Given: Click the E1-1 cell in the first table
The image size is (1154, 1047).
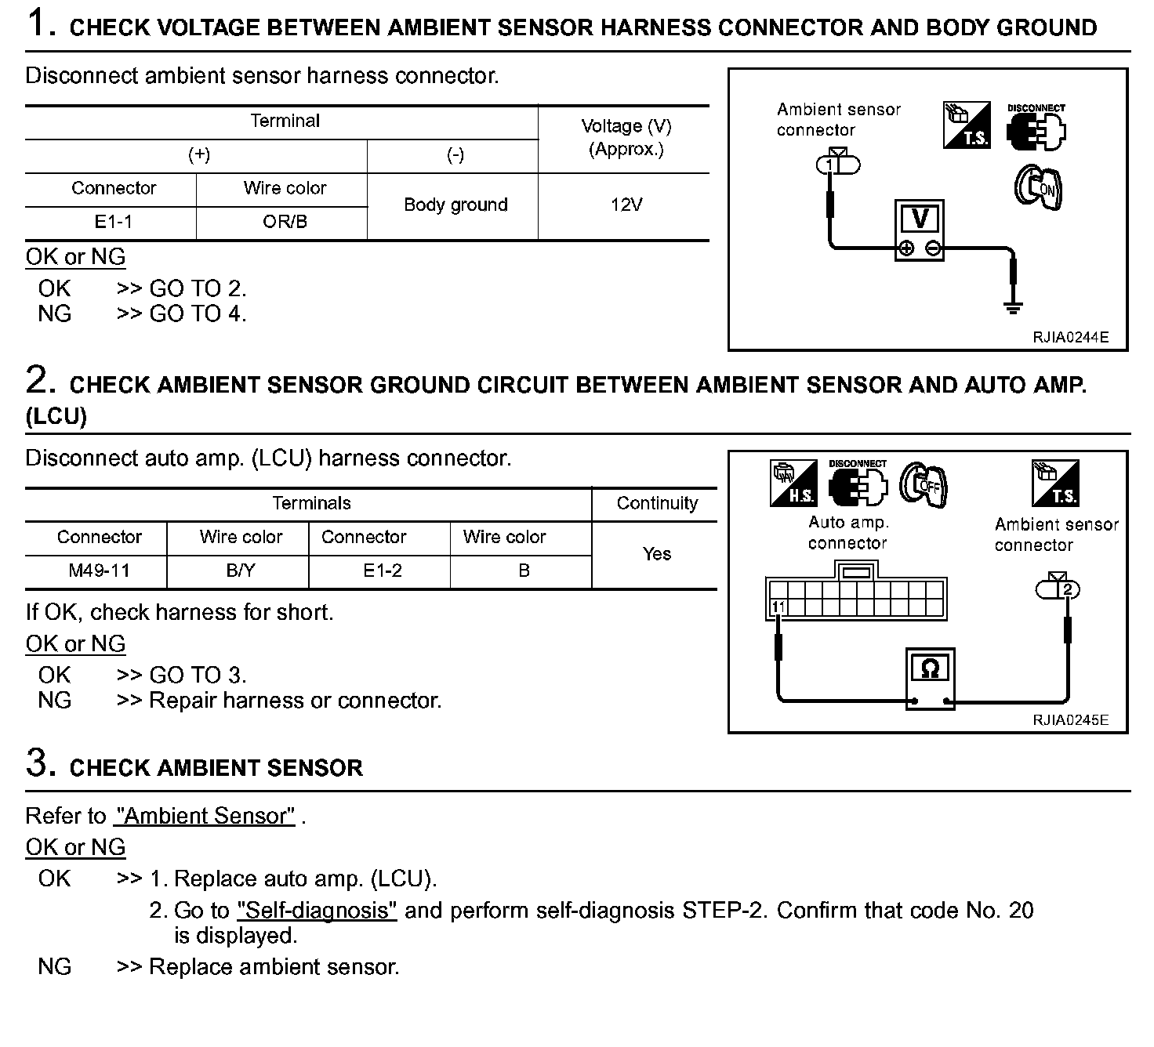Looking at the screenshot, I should tap(113, 222).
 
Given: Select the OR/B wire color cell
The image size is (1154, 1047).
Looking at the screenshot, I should tap(285, 222).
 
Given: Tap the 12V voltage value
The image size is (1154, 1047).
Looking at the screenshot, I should tap(626, 205).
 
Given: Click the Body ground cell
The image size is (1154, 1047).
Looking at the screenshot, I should tap(455, 205).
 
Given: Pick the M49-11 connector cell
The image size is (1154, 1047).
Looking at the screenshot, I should tap(99, 571).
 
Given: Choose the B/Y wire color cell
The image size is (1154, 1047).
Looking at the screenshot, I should tap(241, 571).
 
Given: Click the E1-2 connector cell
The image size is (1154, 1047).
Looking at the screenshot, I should tap(382, 571).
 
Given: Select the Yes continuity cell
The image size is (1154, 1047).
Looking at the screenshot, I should tap(656, 554).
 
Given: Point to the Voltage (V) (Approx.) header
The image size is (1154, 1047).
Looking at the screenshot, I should tap(626, 137).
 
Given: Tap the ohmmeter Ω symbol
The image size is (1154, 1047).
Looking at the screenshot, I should tap(930, 668).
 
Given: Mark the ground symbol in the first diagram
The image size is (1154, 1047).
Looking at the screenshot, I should tap(1013, 306).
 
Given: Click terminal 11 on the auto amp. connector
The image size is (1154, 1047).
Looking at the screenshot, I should tap(778, 607).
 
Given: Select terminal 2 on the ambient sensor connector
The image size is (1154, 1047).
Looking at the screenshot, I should tap(1066, 589).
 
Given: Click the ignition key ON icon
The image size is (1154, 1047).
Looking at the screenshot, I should tap(1038, 187).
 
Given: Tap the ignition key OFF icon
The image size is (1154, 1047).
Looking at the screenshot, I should tap(924, 483).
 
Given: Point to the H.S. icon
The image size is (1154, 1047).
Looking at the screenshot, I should tap(793, 483).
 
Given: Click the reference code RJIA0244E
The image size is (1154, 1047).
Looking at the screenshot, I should tap(1070, 338).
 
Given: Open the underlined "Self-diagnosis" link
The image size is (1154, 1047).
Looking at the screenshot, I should tap(317, 911).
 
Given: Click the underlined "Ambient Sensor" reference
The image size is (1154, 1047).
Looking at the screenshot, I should tap(205, 816).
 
